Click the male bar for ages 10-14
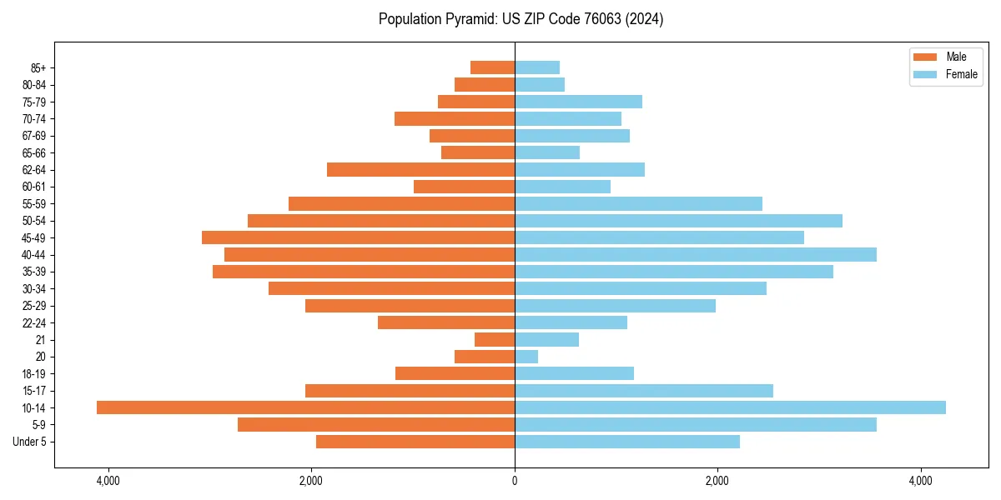pos(305,407)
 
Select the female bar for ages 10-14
pos(730,407)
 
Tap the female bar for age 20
pos(526,357)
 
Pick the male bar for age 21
pos(495,339)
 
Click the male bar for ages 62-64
pos(420,169)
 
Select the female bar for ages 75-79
pos(578,102)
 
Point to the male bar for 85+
pos(492,67)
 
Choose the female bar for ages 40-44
pos(696,254)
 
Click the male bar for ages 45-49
pos(358,237)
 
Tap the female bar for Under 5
pos(627,442)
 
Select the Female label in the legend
pos(961,74)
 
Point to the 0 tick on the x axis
pos(515,481)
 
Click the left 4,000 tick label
pos(108,481)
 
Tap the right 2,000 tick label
pos(717,481)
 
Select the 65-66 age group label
pos(34,152)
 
